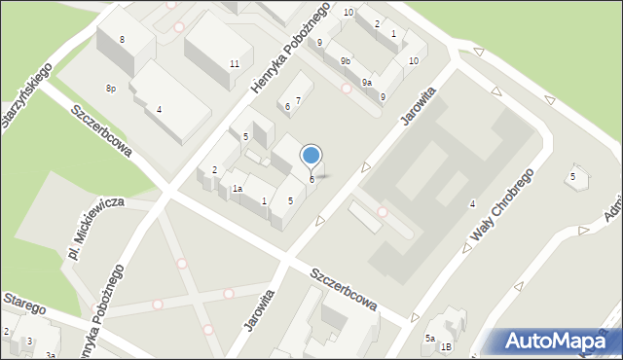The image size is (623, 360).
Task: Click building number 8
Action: point(122,39)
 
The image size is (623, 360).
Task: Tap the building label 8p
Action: point(111,89)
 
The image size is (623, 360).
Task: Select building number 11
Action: point(235,64)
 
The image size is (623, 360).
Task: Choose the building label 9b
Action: point(346,61)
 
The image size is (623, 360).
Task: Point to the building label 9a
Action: point(366,83)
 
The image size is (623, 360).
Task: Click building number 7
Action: point(298,100)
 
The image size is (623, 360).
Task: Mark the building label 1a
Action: point(237,189)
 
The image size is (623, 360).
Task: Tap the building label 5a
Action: point(428,338)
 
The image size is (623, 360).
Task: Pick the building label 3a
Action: point(49,356)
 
